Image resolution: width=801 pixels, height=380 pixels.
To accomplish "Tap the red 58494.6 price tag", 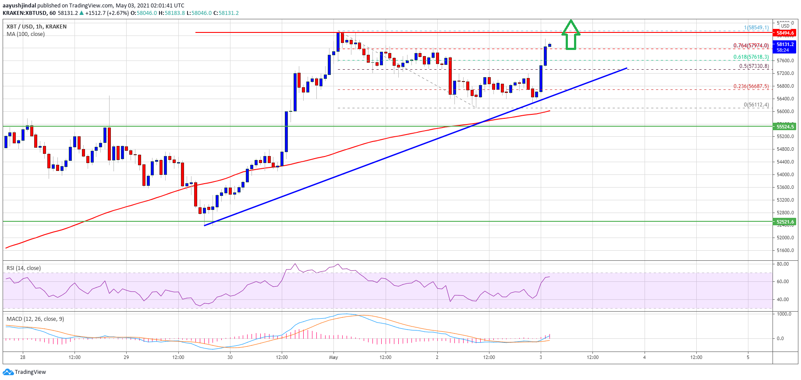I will coord(785,33).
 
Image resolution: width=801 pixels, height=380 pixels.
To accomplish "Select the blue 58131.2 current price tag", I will coord(785,44).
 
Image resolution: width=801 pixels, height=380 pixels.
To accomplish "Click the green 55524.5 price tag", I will coord(785,127).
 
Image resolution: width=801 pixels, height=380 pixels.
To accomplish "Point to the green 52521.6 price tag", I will coord(785,222).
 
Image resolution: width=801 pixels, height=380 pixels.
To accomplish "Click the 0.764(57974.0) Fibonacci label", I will coord(751,46).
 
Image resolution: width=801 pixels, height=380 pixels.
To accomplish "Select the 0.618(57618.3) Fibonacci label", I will coord(751,57).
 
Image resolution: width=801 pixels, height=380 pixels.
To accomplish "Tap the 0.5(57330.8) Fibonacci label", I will coord(754,66).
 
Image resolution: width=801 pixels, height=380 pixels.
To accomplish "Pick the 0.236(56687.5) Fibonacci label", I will coord(751,86).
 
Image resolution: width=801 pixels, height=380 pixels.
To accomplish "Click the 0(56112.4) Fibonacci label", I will coord(756,105).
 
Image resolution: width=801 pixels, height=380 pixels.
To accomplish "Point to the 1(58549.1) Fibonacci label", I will coord(756,28).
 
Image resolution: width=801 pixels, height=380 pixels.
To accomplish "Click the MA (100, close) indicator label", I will coord(25,34).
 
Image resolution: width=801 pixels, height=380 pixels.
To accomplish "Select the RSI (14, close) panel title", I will coord(24,268).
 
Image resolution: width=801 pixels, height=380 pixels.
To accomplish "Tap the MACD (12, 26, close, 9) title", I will coord(35,319).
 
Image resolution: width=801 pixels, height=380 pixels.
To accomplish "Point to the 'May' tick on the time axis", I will coord(333,357).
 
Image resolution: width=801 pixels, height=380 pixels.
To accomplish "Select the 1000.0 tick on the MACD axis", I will coord(784,314).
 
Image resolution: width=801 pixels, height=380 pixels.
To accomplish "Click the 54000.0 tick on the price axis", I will coord(785,174).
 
